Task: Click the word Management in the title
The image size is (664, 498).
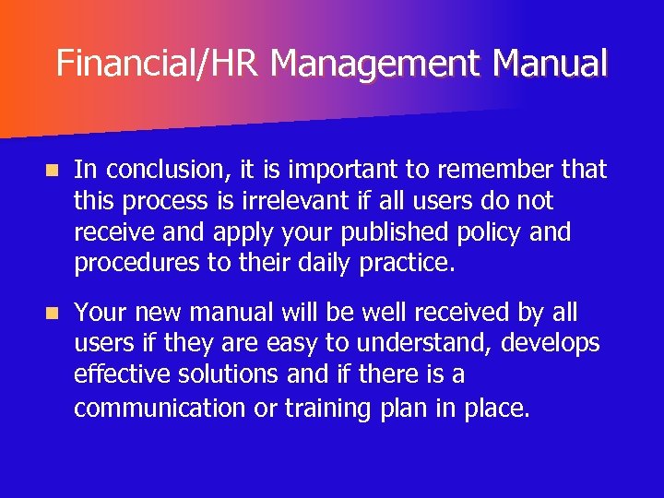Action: (x=377, y=64)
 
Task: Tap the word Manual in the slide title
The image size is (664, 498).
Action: (x=551, y=64)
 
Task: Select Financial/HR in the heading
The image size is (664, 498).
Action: (x=158, y=64)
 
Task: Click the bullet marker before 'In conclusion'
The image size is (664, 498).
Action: (x=53, y=171)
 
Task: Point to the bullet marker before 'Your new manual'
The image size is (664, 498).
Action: (x=53, y=314)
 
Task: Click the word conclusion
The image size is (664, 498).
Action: (x=172, y=170)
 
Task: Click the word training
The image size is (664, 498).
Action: (x=324, y=408)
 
